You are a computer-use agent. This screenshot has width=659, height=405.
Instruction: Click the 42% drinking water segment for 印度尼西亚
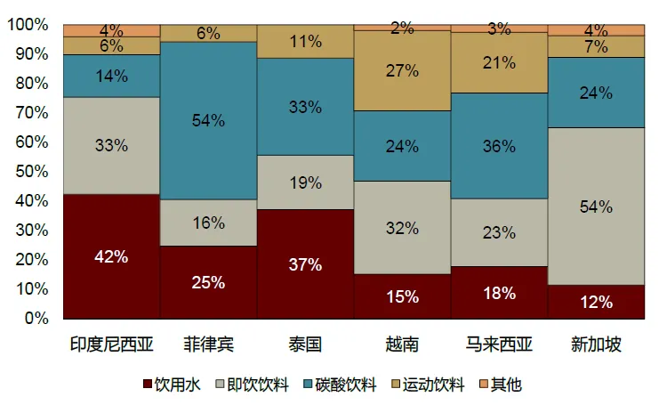(x=112, y=256)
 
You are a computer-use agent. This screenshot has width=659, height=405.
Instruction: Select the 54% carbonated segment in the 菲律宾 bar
(x=209, y=120)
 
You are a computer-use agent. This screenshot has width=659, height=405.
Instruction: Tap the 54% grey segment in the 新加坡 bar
(x=596, y=207)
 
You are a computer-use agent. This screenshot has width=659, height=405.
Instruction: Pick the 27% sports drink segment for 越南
(x=402, y=71)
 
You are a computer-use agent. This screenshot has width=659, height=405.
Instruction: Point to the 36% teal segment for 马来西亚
(x=499, y=146)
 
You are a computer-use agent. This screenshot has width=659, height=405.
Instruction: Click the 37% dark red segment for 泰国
(x=306, y=263)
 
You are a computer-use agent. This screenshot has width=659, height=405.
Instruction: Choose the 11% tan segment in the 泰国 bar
(x=306, y=42)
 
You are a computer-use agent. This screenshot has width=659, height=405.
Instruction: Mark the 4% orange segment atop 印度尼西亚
(x=112, y=31)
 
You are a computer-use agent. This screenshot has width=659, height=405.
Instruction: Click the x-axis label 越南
(x=402, y=343)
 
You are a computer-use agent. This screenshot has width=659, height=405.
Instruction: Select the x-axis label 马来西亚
(x=499, y=343)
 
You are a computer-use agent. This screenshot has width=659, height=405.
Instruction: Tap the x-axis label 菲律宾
(x=209, y=343)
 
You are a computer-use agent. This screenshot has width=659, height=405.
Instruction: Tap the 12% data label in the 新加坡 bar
(x=596, y=302)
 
